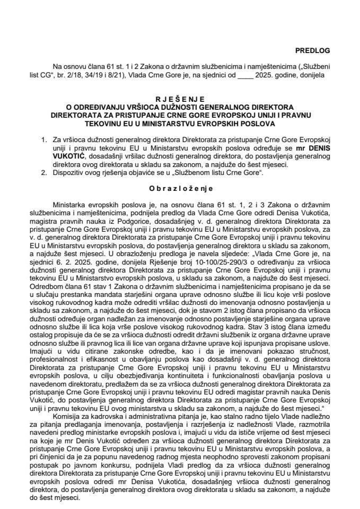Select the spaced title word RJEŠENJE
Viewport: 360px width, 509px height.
pos(180,99)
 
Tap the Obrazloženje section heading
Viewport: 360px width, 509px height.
pos(180,188)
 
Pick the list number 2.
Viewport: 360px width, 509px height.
pos(43,172)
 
